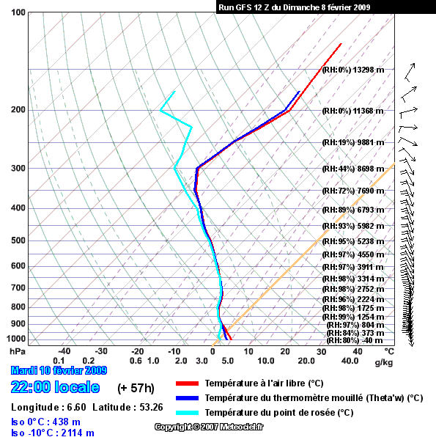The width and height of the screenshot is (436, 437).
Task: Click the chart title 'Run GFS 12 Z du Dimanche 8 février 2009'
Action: tap(294, 7)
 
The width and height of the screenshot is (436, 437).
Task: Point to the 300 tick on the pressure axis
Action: tap(18, 169)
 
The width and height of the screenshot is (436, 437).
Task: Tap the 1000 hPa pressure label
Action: tap(16, 339)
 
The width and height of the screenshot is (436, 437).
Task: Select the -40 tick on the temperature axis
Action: tap(64, 351)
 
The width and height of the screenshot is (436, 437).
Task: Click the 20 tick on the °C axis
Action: tap(285, 351)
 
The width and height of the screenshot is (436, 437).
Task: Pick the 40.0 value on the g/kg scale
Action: tap(350, 361)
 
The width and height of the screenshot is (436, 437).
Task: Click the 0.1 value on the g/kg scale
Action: tap(59, 361)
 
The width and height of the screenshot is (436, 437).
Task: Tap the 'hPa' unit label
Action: tap(18, 351)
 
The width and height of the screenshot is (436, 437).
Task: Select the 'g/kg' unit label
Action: tap(384, 362)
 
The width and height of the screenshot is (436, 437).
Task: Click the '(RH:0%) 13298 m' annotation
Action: tap(353, 70)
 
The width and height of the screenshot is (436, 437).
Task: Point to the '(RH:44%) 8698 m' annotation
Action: tap(353, 169)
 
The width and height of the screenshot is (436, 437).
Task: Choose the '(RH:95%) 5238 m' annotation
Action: tap(353, 241)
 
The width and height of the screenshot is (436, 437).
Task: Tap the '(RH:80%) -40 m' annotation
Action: tap(355, 340)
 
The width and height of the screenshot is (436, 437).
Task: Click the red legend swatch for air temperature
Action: tap(187, 383)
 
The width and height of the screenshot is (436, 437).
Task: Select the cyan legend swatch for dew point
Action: tap(187, 413)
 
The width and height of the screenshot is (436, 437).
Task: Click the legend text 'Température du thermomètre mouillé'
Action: tap(284, 398)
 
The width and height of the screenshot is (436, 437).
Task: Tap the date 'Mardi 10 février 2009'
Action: tap(59, 370)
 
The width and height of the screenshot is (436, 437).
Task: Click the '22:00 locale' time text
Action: tap(55, 387)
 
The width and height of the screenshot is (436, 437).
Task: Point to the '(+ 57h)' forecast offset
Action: tap(136, 388)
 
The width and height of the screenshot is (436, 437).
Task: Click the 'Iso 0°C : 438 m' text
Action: tap(45, 422)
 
